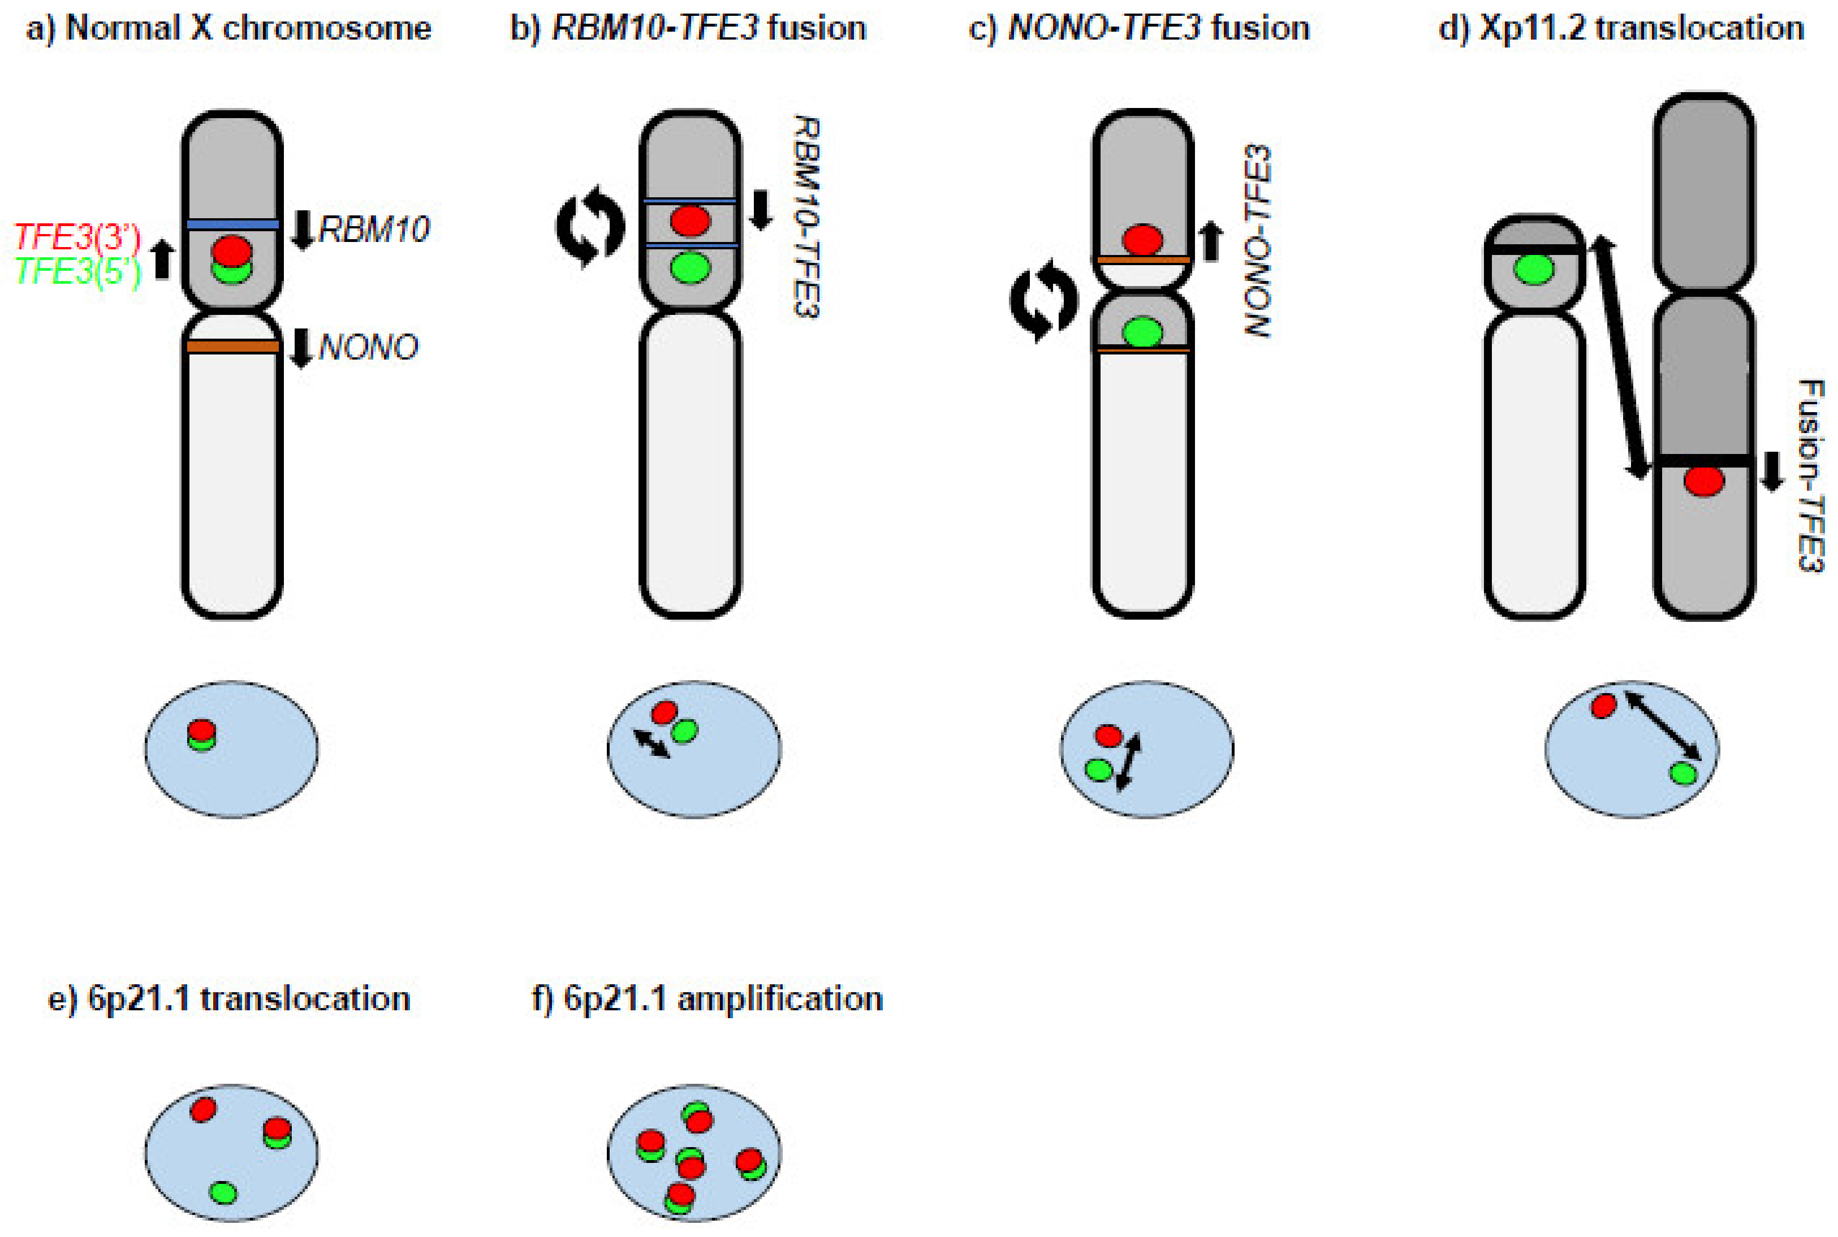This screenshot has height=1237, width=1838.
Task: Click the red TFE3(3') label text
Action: coord(77,237)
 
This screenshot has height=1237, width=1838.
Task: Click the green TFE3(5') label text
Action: coord(77,271)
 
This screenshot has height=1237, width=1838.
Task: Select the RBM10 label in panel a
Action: coord(373,230)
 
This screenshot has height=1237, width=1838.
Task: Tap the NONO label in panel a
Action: coord(368,347)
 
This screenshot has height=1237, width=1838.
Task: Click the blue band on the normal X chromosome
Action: coord(233,225)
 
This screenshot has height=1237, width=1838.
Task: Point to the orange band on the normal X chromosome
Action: coord(233,347)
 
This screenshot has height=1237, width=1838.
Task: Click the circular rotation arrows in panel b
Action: coord(590,226)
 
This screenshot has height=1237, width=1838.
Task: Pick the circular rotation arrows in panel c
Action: coord(1043,301)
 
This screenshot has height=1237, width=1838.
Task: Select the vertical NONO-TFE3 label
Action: coord(1258,241)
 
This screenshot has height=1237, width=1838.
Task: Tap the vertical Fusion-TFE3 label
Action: coord(1810,475)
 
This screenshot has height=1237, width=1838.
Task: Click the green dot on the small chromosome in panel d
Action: coord(1533,270)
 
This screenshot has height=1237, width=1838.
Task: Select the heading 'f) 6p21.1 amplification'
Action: coord(707,999)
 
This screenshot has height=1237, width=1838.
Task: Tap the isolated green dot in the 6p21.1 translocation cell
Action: coord(223,1192)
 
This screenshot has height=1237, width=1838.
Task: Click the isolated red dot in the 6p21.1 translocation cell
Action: coord(203,1109)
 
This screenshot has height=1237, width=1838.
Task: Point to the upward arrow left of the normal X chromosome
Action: coord(162,259)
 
